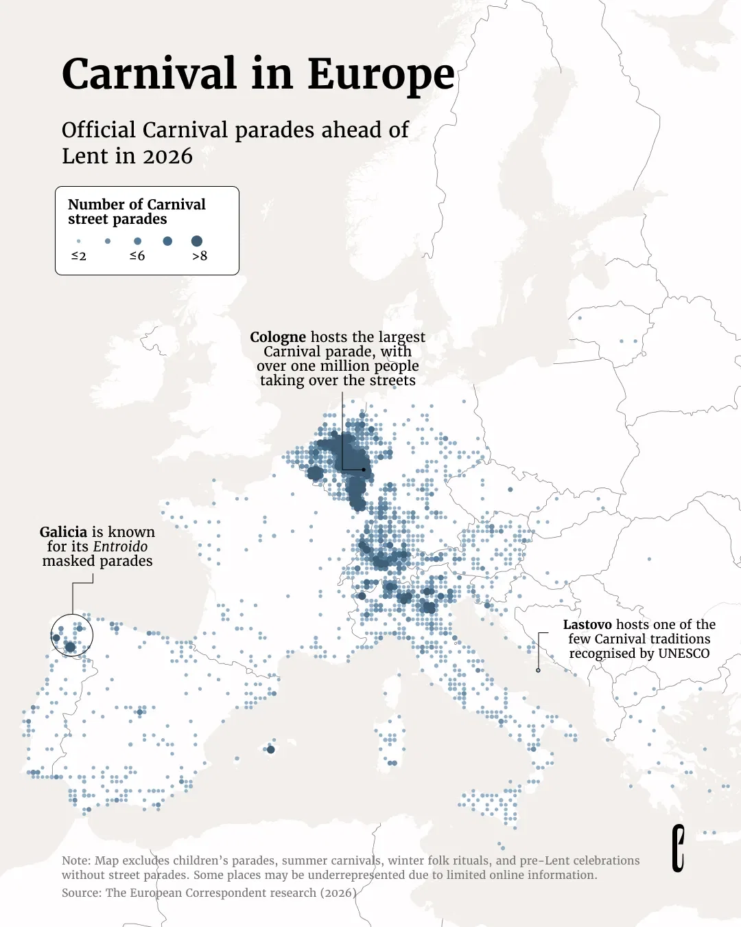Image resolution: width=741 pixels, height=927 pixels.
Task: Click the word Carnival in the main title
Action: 149,74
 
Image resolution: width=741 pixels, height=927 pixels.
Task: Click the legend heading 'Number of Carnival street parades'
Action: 137,211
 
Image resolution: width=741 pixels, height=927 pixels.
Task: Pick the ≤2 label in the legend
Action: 79,256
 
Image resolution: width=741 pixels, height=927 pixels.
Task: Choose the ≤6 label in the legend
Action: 137,256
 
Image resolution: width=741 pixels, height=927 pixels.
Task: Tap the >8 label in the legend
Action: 200,256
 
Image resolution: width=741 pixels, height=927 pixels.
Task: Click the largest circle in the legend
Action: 197,241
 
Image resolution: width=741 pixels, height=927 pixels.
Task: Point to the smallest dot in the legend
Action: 79,241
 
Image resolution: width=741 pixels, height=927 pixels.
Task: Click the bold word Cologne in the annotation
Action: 278,337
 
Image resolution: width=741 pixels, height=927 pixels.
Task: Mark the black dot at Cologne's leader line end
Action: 364,470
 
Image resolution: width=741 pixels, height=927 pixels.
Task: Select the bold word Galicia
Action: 63,532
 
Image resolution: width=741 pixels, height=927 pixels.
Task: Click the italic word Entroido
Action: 121,547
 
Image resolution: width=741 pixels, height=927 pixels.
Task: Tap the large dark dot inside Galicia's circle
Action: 70,647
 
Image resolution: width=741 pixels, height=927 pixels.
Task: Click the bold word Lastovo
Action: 587,625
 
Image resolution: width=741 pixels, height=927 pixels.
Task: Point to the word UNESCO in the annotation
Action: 683,654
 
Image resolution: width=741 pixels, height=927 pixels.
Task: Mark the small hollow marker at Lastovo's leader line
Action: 538,670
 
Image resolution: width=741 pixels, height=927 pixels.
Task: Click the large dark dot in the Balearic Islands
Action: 271,749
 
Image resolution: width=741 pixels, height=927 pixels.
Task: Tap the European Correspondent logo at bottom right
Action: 678,849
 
